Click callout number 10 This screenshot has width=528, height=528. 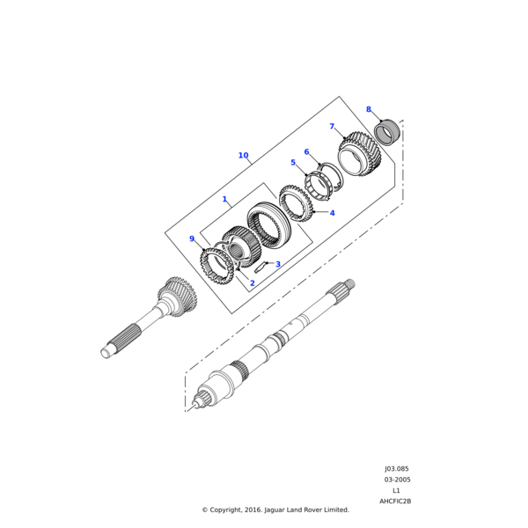[243, 156]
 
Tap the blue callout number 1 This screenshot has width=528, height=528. [224, 200]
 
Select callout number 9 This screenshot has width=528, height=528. [192, 238]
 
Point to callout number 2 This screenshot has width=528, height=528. [252, 283]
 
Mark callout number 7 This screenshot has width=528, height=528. [332, 127]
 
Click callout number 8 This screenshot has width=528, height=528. [369, 109]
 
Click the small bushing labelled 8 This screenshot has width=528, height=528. [388, 133]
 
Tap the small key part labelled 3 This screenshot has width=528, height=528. [260, 267]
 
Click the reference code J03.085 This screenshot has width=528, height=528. [396, 469]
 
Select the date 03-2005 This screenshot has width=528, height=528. [396, 480]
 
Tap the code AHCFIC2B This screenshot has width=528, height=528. [395, 501]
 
